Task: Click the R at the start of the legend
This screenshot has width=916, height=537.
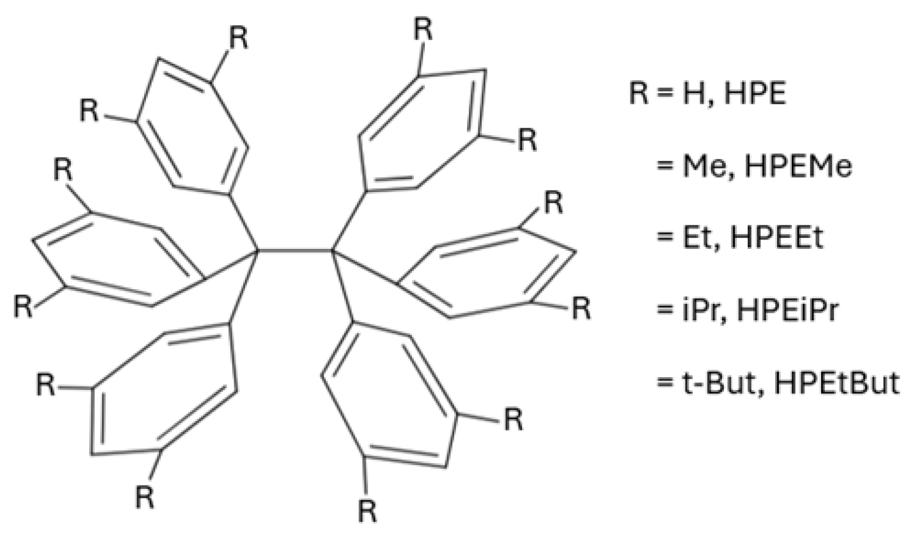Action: [x=639, y=94]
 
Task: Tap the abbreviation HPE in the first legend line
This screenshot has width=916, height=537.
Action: [x=755, y=94]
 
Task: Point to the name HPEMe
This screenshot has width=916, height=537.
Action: [x=798, y=166]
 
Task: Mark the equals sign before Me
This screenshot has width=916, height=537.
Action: [x=664, y=167]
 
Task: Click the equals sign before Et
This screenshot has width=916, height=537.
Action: [x=664, y=239]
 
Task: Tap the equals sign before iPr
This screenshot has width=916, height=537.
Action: [x=664, y=311]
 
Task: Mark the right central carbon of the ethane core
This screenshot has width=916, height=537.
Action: [x=332, y=251]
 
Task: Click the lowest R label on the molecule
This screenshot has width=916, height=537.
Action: [x=367, y=511]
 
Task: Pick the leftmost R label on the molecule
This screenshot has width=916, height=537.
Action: [x=23, y=307]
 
